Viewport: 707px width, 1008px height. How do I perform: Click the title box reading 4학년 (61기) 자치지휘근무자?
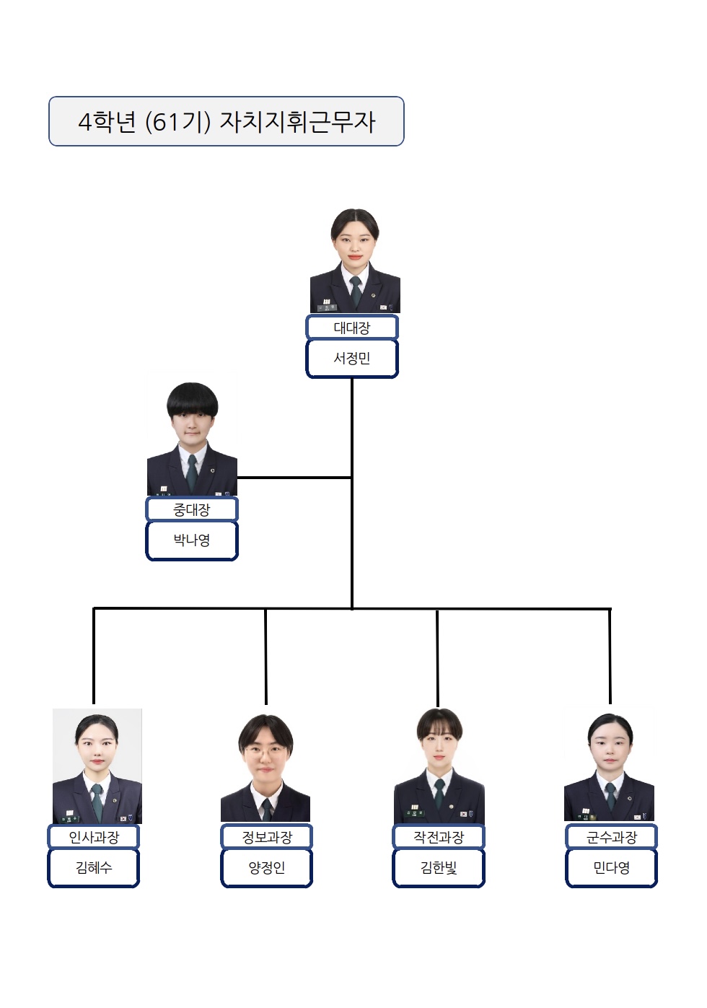click(226, 121)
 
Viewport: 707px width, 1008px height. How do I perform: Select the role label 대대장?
click(352, 327)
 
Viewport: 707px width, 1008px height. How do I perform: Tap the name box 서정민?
click(352, 359)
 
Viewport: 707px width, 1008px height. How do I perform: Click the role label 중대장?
click(192, 509)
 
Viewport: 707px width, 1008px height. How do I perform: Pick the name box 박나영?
click(192, 540)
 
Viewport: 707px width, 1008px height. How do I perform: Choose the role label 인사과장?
click(94, 837)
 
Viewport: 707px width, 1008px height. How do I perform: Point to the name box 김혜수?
click(94, 868)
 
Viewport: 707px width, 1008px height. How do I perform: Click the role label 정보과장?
click(266, 837)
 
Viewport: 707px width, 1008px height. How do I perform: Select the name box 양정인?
click(266, 868)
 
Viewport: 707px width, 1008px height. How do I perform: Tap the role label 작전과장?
click(439, 837)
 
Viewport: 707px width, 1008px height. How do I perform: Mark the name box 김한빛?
click(439, 868)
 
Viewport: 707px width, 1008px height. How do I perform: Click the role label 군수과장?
click(612, 837)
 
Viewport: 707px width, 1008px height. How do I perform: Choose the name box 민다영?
click(612, 868)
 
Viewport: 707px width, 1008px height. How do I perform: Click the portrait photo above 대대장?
click(355, 261)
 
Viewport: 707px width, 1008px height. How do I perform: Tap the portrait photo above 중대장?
click(192, 434)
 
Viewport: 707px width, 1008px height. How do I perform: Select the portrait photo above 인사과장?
click(97, 766)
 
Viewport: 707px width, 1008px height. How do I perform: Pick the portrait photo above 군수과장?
click(610, 767)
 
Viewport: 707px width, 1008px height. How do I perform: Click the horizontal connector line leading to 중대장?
click(294, 478)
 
